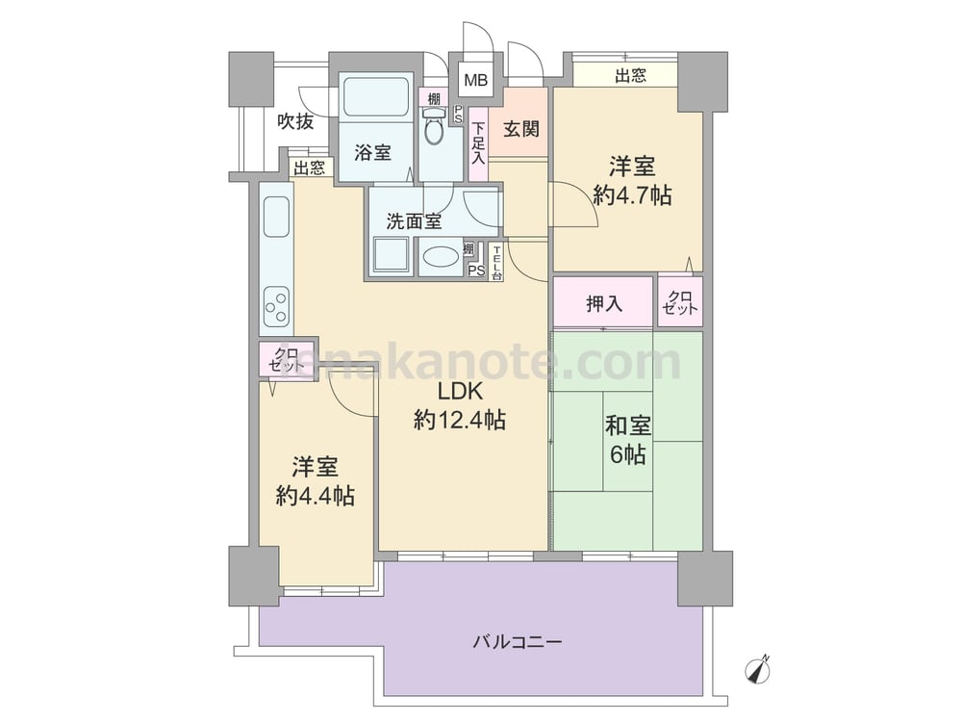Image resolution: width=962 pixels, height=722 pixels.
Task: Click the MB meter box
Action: coord(475,80)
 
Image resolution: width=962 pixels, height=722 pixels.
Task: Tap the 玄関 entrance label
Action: coord(520,129)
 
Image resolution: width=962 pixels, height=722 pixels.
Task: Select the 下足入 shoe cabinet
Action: coord(478,143)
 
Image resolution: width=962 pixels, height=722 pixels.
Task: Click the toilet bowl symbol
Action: coord(434,126)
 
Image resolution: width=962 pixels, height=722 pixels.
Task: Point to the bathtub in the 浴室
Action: coord(376,96)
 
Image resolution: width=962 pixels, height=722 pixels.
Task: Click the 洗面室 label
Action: coord(414,221)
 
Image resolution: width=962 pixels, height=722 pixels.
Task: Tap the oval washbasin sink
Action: coord(440,257)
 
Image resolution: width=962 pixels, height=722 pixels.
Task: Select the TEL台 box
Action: coord(496,262)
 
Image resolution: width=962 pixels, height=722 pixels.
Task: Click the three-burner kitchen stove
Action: coord(276,308)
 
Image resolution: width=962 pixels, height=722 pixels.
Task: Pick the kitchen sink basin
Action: coord(276,217)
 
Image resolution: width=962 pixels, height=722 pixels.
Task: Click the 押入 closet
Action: coord(603,302)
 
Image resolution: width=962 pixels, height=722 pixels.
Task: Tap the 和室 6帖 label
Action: coord(627,440)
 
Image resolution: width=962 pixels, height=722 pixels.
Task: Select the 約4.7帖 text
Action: coord(632,195)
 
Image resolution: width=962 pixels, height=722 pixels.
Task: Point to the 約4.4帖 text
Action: coord(316,496)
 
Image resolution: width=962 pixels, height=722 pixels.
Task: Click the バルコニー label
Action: coord(518,643)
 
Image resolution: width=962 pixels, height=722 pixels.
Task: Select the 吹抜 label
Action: coord(295,121)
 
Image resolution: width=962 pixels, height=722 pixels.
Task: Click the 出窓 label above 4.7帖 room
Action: coord(630,75)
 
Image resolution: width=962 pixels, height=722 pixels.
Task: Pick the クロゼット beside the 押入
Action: coord(680,302)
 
